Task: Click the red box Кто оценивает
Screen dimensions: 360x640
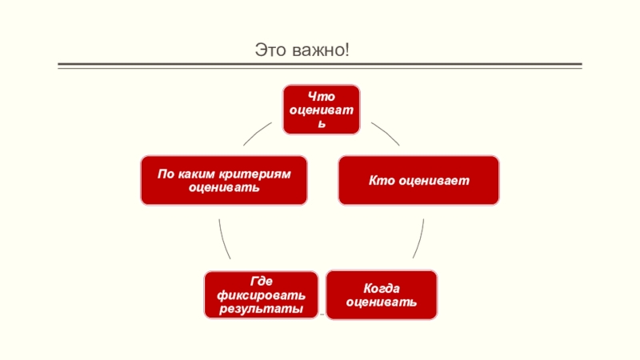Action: pos(418,180)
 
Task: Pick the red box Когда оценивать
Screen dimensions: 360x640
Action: pos(381,294)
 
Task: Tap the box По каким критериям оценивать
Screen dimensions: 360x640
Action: pos(223,180)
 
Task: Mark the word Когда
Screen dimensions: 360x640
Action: pos(381,288)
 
